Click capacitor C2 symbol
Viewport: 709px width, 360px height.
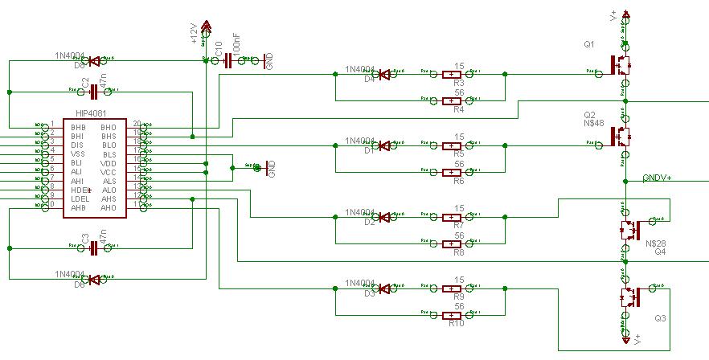95,92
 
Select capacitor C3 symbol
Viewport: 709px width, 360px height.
95,248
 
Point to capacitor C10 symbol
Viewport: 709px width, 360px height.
228,60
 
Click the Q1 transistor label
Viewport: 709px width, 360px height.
589,45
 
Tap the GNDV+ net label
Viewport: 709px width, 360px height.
657,178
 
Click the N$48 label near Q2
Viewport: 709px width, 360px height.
592,125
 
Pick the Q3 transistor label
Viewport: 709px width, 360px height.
660,319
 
